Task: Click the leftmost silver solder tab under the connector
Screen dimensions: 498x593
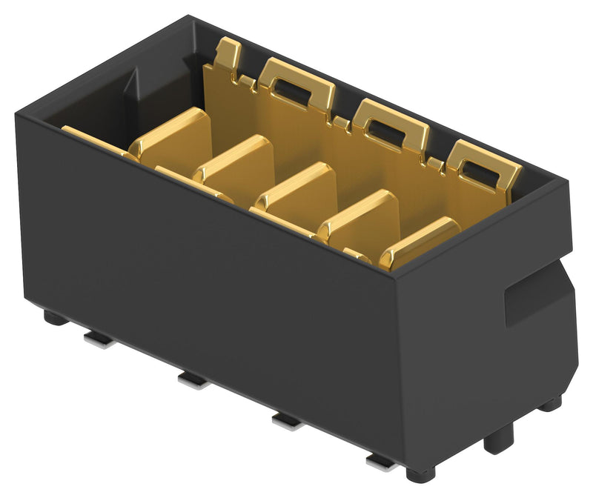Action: click(99, 339)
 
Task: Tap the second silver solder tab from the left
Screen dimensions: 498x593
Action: click(193, 379)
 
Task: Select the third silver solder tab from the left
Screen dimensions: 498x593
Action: click(287, 421)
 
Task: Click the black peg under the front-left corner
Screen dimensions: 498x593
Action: click(54, 318)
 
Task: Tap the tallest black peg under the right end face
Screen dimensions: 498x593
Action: click(498, 439)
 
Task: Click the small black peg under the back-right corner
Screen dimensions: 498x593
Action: click(549, 404)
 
